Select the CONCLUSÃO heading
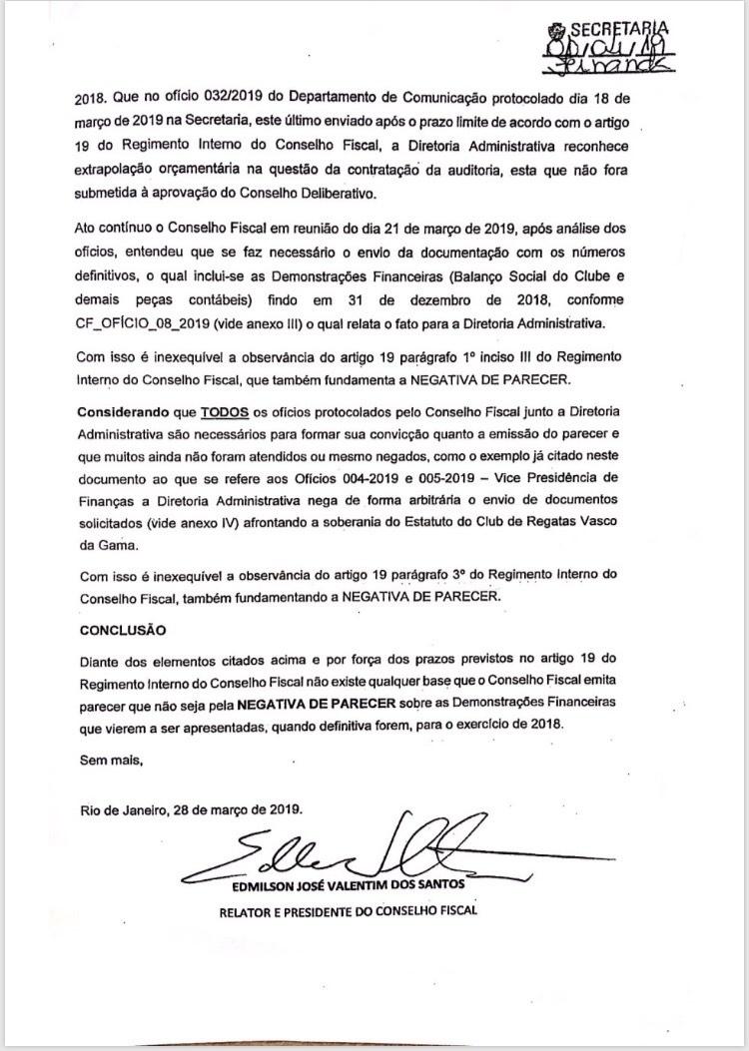(x=122, y=630)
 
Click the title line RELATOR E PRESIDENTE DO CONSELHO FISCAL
(x=349, y=911)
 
